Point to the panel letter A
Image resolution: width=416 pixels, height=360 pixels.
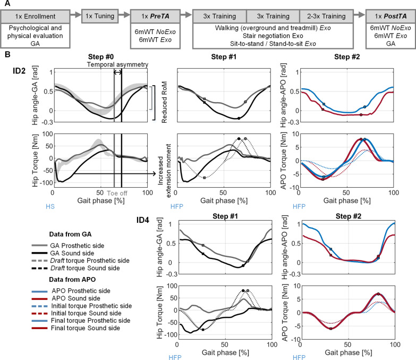(5, 4)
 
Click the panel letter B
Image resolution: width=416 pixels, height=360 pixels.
(5, 54)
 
